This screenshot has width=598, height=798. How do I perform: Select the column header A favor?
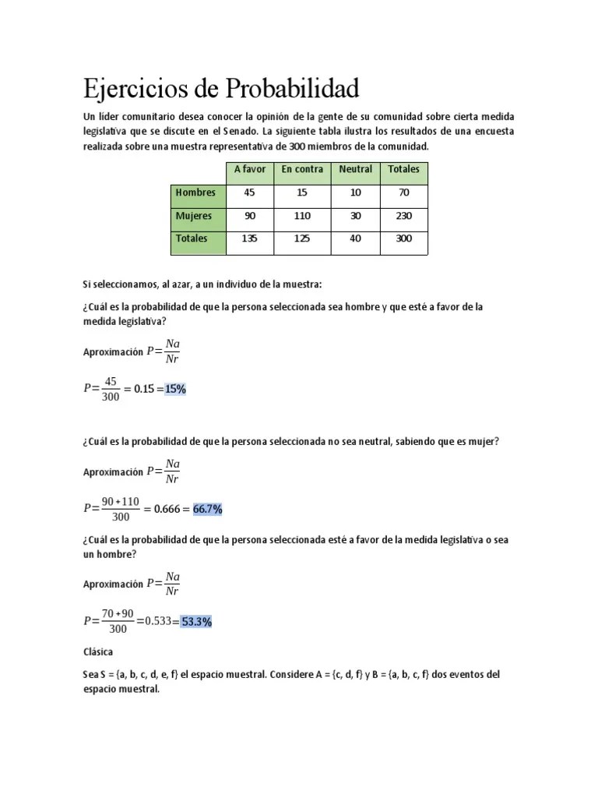pyautogui.click(x=250, y=169)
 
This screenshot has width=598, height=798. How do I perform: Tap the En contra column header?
pyautogui.click(x=302, y=169)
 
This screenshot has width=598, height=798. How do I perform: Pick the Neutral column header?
pyautogui.click(x=355, y=169)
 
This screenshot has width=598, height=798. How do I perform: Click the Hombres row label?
pyautogui.click(x=195, y=192)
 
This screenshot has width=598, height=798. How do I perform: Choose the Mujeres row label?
pyautogui.click(x=194, y=216)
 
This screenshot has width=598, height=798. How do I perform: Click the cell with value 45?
pyautogui.click(x=250, y=192)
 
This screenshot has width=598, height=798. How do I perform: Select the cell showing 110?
pyautogui.click(x=302, y=216)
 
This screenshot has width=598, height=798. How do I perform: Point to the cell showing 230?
pyautogui.click(x=403, y=216)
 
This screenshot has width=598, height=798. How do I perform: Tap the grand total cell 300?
pyautogui.click(x=403, y=239)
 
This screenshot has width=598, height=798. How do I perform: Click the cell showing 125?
pyautogui.click(x=302, y=239)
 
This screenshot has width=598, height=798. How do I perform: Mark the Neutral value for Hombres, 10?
pyautogui.click(x=355, y=192)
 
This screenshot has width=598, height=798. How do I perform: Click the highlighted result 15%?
pyautogui.click(x=175, y=390)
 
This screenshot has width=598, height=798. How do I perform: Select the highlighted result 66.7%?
pyautogui.click(x=208, y=509)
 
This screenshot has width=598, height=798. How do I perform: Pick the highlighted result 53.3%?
pyautogui.click(x=196, y=622)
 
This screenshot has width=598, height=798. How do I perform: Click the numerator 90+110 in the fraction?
pyautogui.click(x=120, y=501)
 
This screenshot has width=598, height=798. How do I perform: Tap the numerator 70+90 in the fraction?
pyautogui.click(x=118, y=614)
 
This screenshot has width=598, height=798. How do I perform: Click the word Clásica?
pyautogui.click(x=99, y=651)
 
